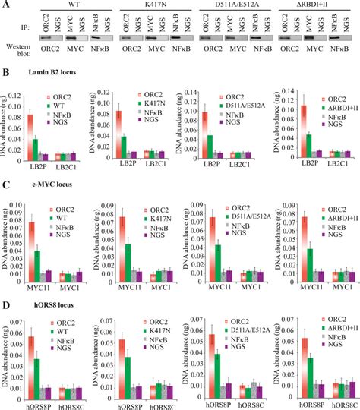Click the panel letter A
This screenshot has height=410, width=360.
[x=5, y=5]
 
